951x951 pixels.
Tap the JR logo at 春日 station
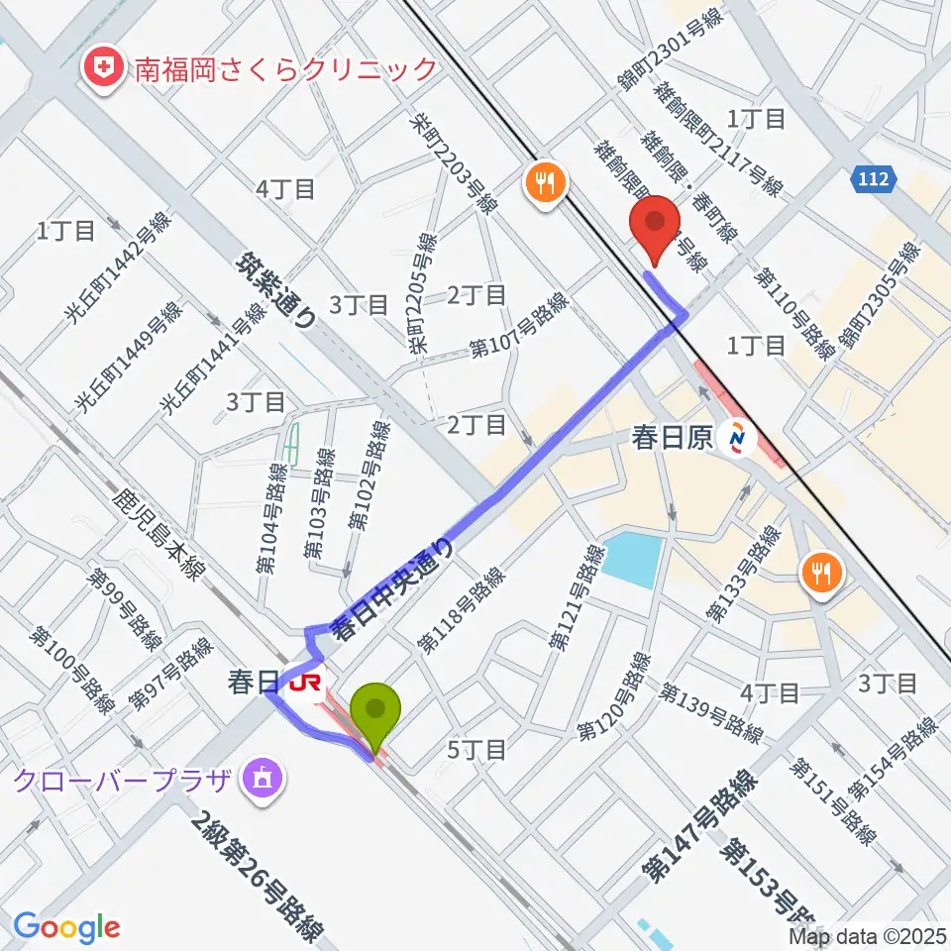coord(305,684)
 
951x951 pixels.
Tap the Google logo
coord(66,927)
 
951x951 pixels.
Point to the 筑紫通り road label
coord(279,288)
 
